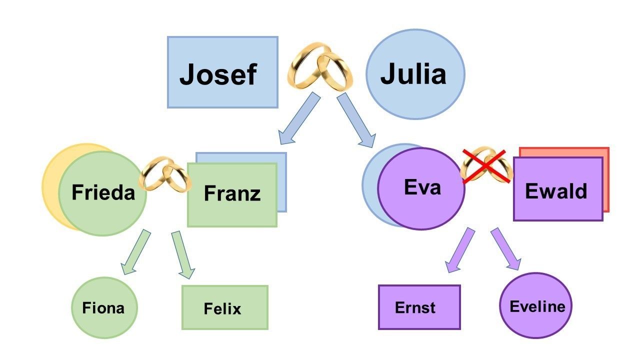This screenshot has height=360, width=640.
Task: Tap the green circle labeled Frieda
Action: pos(102,193)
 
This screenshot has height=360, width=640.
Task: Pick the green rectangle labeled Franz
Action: pos(232,194)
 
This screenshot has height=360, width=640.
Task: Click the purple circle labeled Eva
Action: pos(421,187)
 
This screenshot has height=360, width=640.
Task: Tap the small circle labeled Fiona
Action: pos(103,307)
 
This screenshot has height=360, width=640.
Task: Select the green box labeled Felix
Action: pos(224,307)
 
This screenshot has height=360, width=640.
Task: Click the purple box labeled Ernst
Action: pos(418,307)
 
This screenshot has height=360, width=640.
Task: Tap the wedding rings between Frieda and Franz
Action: pos(165,175)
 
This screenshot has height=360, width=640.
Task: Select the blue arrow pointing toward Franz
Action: pos(298,118)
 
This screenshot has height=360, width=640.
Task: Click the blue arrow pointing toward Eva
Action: pos(356,120)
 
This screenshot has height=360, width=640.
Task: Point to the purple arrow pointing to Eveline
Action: pos(505,248)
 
